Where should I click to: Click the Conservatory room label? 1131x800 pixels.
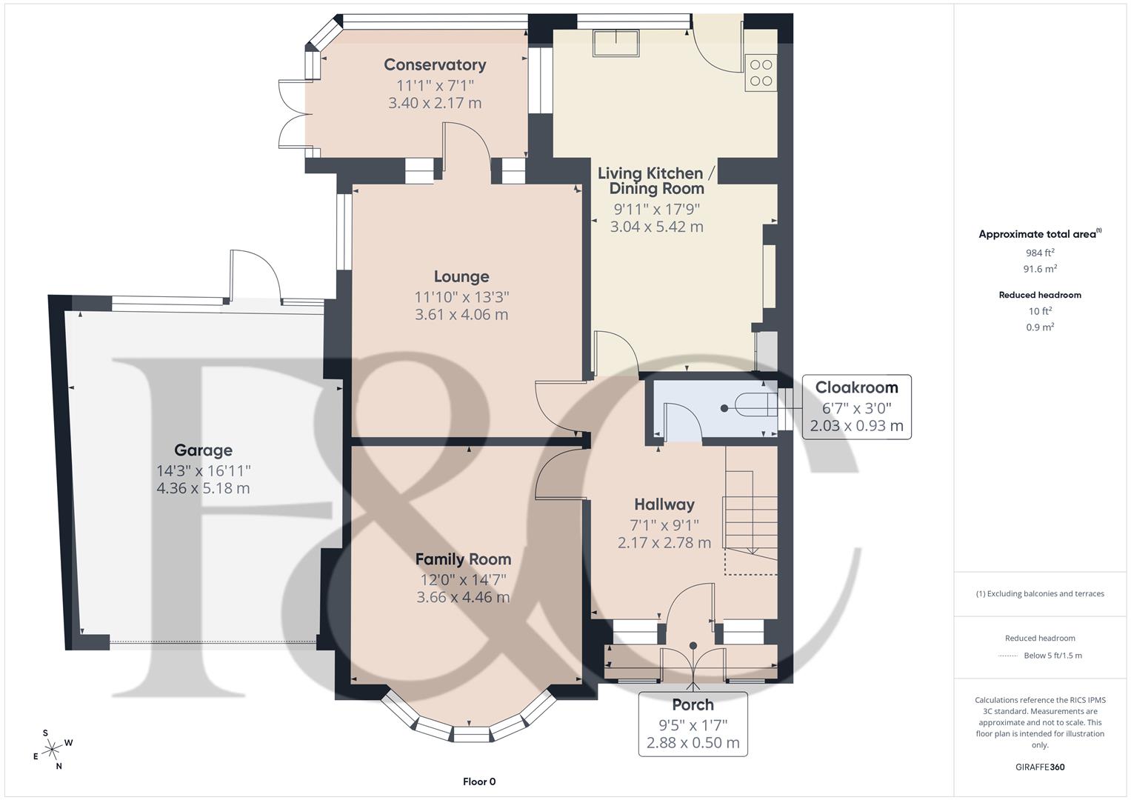435,65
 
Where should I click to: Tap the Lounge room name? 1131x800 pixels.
461,277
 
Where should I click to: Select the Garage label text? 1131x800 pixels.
203,450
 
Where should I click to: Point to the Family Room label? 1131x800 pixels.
463,559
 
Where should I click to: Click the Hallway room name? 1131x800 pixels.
664,504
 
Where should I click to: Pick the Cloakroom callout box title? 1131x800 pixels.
856,387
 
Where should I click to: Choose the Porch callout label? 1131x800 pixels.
693,704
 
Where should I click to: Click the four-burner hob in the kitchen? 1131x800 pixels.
761,73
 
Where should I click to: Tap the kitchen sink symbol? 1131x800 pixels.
615,44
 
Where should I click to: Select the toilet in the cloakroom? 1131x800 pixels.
750,407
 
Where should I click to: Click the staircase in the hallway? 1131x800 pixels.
751,511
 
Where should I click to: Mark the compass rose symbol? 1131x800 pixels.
52,750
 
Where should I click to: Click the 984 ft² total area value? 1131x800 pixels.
1040,253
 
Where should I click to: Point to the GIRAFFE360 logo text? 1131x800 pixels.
1040,767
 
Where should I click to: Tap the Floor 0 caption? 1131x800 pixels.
478,781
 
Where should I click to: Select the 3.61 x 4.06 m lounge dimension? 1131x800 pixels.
461,315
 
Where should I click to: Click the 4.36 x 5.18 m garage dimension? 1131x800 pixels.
203,489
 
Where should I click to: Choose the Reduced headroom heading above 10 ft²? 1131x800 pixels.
1040,295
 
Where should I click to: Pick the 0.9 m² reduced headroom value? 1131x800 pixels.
1040,327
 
